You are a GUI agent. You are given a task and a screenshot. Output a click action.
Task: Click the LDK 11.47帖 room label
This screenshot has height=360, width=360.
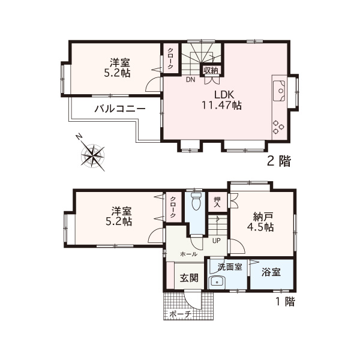point(221,100)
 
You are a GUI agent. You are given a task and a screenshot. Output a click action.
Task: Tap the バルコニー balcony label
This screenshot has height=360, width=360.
point(120,109)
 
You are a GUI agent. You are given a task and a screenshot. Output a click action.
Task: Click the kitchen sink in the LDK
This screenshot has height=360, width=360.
point(279,91)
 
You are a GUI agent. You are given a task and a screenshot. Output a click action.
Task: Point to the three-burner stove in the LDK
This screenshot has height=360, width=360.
point(278,127)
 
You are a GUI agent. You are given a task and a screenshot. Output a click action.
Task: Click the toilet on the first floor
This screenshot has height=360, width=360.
point(196,201)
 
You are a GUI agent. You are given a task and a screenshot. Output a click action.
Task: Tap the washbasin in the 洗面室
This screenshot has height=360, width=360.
point(217,282)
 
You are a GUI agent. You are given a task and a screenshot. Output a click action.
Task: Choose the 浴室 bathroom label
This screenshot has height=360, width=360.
point(271,272)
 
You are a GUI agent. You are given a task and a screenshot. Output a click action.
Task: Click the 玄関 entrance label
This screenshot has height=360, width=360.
point(189,278)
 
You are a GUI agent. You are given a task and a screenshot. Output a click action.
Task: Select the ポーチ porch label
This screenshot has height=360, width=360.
point(180,314)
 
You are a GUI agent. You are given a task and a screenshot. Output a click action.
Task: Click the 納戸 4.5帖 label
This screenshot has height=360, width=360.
point(260,222)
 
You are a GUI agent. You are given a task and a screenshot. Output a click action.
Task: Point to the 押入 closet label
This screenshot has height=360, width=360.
point(217,202)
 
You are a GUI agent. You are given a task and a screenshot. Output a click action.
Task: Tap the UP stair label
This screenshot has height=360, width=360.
point(216,241)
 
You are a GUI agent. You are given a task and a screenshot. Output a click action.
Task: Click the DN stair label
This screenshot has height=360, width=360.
point(191,80)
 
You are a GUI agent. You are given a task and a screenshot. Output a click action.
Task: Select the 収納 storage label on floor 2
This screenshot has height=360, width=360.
point(211,70)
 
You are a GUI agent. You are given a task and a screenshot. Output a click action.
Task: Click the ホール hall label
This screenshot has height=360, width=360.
point(189,254)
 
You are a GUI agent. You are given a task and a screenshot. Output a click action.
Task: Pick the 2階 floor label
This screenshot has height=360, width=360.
point(279,161)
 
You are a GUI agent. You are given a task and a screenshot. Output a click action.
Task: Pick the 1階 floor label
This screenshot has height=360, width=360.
point(285,301)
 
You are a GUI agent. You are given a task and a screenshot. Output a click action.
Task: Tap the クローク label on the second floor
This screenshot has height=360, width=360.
point(170,58)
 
